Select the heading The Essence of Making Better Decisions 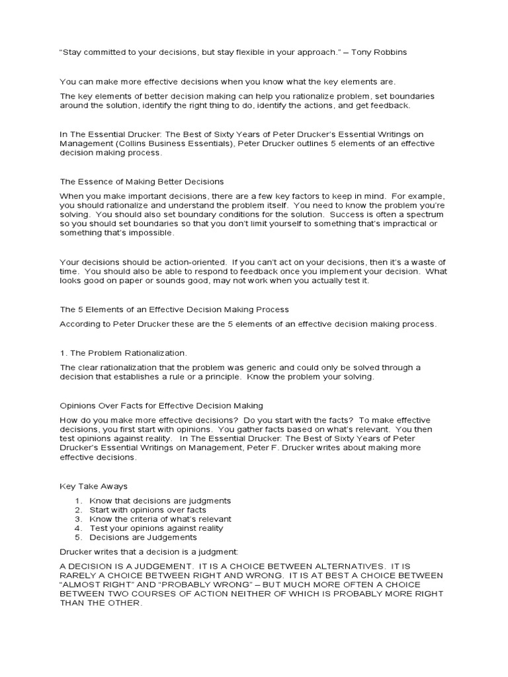[x=142, y=180]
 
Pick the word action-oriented [x=171, y=262]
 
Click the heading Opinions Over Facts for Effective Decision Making [x=161, y=405]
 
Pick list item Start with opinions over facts [x=148, y=510]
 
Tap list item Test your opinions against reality [x=156, y=528]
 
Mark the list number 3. [x=77, y=519]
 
